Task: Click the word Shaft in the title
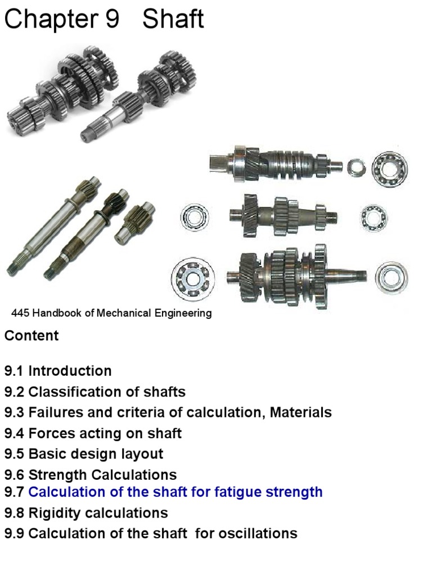[173, 20]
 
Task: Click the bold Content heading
[31, 336]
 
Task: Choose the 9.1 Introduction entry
[58, 371]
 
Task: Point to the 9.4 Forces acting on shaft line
[93, 434]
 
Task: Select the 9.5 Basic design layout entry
[84, 454]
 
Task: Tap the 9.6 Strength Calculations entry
[91, 475]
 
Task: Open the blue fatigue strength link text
[175, 492]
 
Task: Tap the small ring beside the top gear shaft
[355, 167]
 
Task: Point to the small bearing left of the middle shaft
[194, 217]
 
